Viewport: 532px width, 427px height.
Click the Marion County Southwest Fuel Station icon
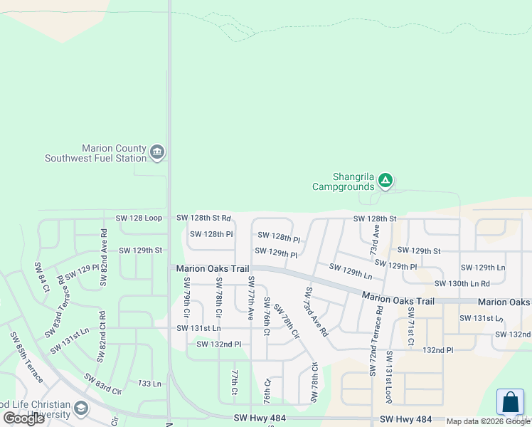pos(157,152)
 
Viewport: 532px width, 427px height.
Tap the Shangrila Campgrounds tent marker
pos(385,181)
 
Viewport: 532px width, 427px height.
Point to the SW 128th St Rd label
pos(203,217)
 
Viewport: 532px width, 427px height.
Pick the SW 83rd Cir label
pos(103,383)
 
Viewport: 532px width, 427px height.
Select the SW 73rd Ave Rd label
pos(316,312)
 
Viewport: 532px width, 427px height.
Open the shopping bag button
pos(510,402)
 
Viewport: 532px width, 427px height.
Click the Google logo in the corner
pos(24,418)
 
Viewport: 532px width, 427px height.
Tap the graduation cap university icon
pos(81,408)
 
